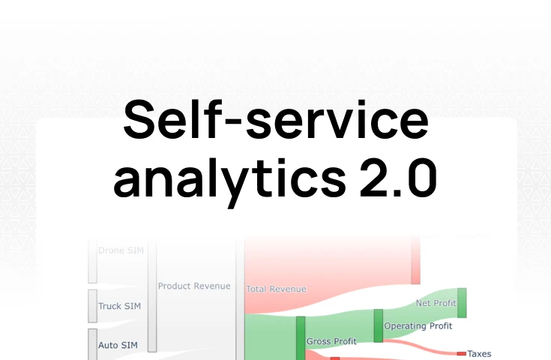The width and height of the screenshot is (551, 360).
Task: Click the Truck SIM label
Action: (119, 306)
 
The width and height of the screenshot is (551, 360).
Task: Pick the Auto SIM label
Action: (118, 345)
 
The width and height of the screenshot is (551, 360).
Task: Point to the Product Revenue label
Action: (194, 286)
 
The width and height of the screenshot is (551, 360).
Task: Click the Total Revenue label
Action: (276, 288)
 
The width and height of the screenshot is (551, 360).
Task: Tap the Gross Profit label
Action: (331, 341)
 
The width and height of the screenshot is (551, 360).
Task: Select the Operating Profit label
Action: (418, 326)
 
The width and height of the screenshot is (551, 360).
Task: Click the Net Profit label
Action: (436, 303)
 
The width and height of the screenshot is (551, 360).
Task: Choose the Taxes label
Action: (479, 353)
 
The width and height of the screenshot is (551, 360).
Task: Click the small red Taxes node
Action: (461, 353)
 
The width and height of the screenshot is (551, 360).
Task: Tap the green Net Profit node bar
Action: (462, 302)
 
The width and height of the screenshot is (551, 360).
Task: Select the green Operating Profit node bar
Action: (379, 325)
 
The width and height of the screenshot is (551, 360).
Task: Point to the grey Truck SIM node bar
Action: (93, 306)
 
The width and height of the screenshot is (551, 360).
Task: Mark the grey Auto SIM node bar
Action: (93, 344)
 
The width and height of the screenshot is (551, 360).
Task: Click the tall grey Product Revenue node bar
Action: (152, 296)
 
